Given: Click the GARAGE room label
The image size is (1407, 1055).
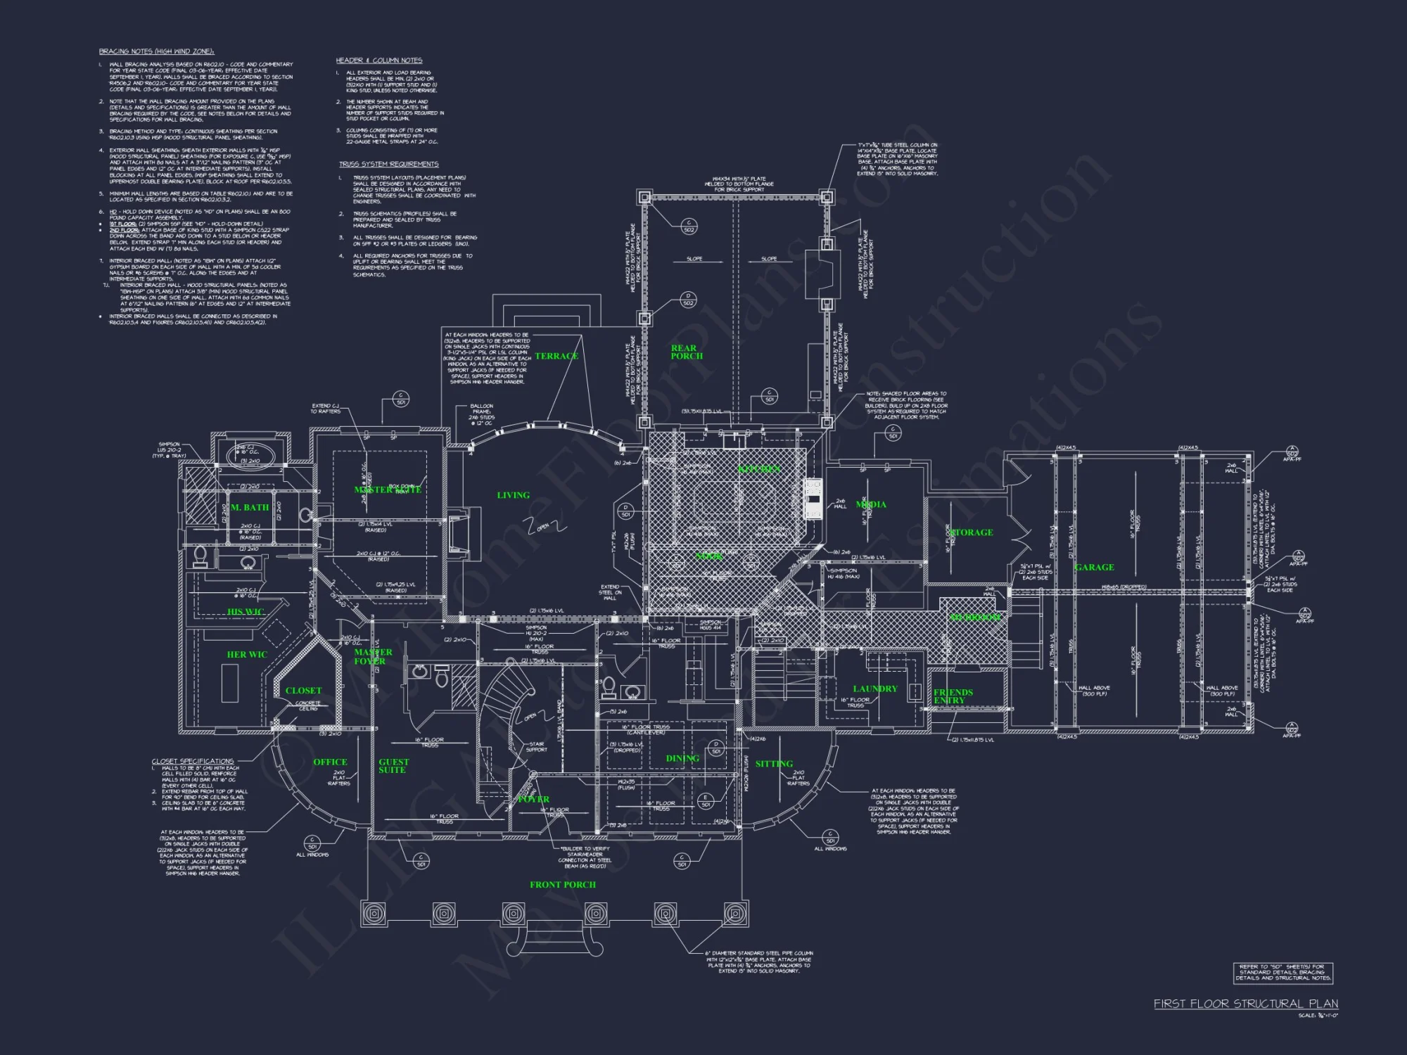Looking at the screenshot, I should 1094,567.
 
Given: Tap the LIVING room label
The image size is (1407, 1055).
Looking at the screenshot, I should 513,495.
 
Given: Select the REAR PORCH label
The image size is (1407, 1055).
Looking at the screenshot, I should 686,352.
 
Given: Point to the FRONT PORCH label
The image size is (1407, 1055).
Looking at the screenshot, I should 563,885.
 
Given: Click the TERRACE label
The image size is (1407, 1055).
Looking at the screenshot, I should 556,356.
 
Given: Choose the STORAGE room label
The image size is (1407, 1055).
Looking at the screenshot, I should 972,532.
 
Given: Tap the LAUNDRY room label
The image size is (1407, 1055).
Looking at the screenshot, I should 875,689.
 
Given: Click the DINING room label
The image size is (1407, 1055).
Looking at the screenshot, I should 682,758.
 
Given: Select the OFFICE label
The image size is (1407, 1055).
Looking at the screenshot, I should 330,762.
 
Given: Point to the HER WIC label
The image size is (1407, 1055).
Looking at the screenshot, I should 247,654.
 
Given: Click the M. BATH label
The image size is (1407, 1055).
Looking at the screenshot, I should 250,507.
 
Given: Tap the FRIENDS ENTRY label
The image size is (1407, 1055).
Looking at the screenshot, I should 953,696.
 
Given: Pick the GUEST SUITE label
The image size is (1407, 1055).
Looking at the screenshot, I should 393,766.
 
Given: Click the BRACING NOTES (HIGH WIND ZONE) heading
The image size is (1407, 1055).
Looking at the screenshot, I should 156,51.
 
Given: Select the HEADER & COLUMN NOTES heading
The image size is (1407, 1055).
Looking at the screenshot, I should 378,60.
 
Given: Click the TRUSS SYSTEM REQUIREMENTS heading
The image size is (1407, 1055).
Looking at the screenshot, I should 388,164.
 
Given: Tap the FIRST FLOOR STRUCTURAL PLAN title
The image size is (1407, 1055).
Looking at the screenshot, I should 1245,1004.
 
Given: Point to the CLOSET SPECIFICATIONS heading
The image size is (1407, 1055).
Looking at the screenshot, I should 193,761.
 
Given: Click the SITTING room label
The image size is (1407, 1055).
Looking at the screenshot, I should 774,764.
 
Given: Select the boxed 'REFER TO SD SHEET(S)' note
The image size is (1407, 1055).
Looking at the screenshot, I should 1283,973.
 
